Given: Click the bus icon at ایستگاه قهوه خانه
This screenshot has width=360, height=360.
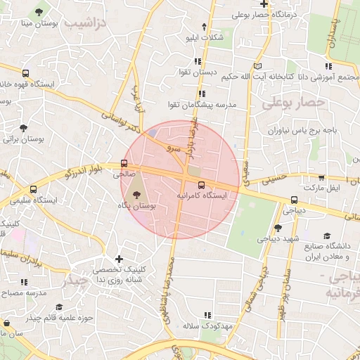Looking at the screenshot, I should [26, 72].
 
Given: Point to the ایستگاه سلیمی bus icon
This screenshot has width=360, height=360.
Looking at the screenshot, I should [33, 189].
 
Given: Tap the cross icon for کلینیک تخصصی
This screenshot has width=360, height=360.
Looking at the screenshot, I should [119, 259].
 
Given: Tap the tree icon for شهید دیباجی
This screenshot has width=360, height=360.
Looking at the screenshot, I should [278, 227].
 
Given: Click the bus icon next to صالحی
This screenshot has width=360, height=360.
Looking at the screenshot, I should [124, 162].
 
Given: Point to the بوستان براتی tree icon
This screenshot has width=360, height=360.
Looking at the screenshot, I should [25, 128].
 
